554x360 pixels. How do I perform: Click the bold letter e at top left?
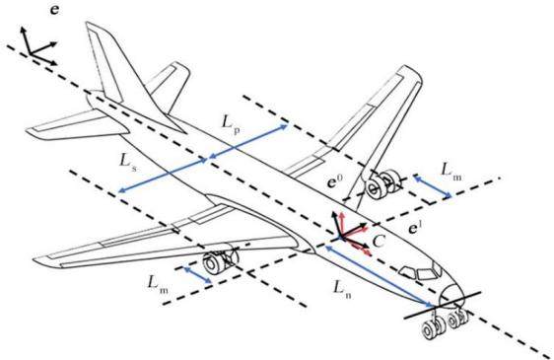click(55, 10)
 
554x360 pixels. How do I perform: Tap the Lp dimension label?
click(232, 124)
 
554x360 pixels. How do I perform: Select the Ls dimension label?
click(127, 163)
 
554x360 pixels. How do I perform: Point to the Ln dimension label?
click(342, 290)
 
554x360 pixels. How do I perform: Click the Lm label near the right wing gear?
click(451, 172)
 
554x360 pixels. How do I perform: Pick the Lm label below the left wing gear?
click(157, 284)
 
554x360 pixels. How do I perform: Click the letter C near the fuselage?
click(379, 242)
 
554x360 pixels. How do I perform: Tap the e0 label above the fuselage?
click(334, 181)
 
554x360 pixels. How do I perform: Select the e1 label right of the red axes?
click(414, 229)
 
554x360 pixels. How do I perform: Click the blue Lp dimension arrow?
click(248, 141)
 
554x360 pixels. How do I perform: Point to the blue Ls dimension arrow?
click(163, 176)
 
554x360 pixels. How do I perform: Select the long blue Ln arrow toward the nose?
click(379, 276)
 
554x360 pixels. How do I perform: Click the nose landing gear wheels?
click(446, 323)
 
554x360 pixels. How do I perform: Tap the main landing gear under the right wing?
click(382, 184)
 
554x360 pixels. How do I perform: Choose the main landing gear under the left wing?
click(220, 260)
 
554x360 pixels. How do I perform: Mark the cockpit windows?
click(420, 271)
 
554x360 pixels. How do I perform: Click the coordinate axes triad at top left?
click(38, 46)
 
